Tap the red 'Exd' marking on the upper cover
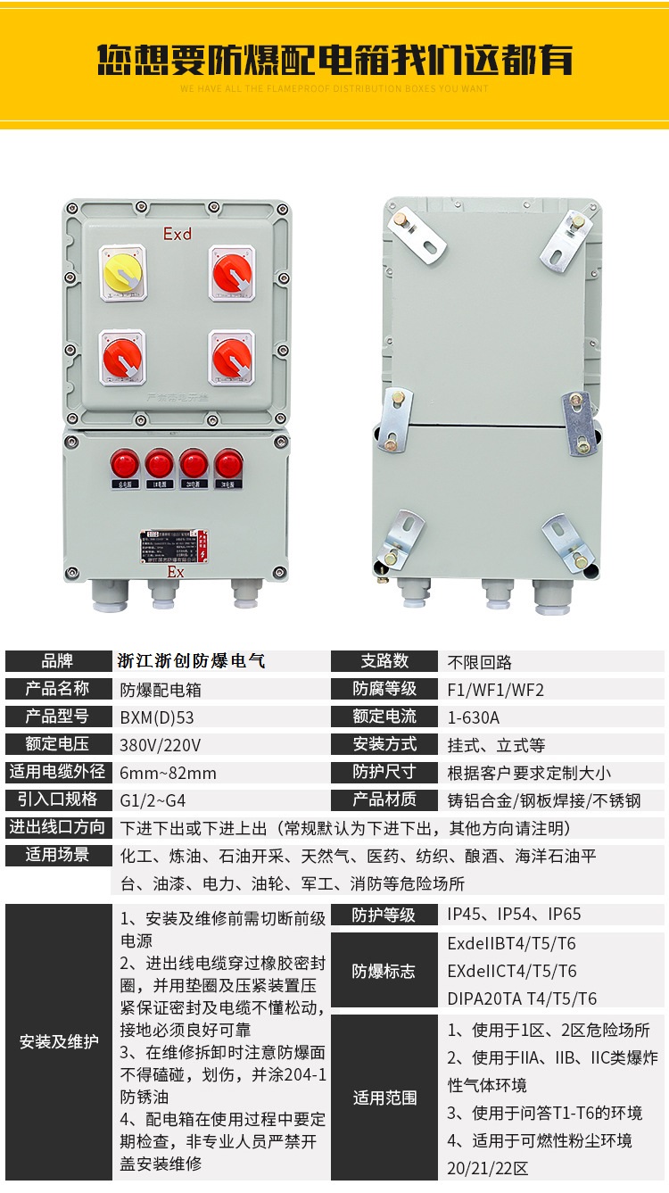click(177, 234)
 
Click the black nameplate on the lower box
click(174, 543)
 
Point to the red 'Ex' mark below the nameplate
click(175, 572)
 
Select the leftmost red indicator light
click(123, 464)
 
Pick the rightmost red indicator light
click(228, 464)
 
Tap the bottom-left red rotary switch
click(122, 356)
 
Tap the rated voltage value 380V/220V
click(161, 745)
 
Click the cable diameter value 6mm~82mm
click(169, 773)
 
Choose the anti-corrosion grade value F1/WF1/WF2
click(495, 690)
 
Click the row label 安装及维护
click(59, 1041)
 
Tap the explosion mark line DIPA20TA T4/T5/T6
click(522, 998)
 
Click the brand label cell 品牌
click(57, 662)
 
